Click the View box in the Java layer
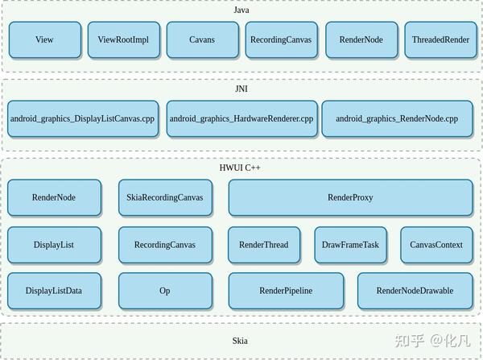pos(44,39)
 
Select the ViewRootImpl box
pos(123,39)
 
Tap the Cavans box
pos(202,39)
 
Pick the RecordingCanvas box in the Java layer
pos(281,39)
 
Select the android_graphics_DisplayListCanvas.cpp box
pos(82,118)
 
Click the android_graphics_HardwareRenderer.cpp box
pos(242,118)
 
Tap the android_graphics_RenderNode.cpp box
pos(397,118)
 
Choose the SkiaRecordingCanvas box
pos(165,197)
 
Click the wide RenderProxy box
pos(350,197)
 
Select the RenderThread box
pos(263,245)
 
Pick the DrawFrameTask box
pos(350,245)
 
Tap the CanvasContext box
pos(436,245)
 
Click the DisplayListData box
pos(53,291)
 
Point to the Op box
pos(165,291)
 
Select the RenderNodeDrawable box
pos(415,291)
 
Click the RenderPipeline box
pos(286,291)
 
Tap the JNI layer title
pos(241,89)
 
